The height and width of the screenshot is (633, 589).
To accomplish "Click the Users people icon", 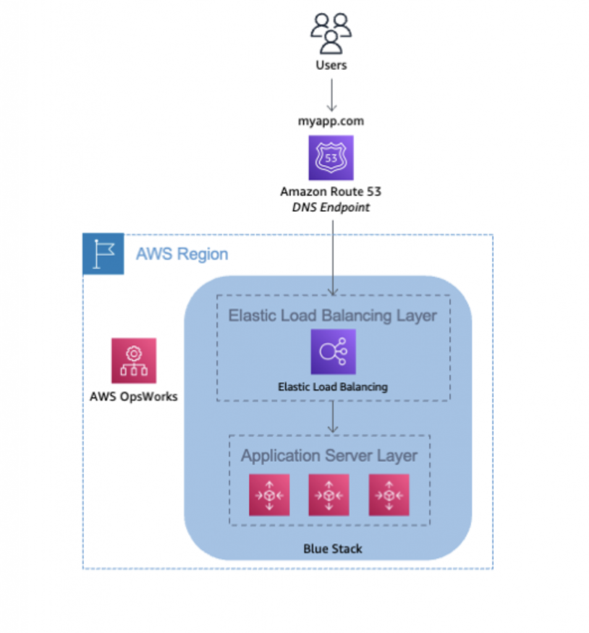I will click(x=331, y=33).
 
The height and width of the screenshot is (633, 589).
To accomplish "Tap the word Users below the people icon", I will click(x=331, y=65).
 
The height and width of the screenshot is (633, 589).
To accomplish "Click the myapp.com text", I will click(x=331, y=121).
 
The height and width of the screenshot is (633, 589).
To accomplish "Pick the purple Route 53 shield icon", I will click(x=331, y=158).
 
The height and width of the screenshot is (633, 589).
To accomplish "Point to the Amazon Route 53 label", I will click(x=331, y=192).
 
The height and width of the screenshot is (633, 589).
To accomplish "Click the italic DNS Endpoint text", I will click(x=331, y=208).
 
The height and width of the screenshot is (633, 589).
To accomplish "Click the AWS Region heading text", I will click(x=182, y=254).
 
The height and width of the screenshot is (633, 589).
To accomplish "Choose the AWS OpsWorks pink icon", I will click(x=133, y=360).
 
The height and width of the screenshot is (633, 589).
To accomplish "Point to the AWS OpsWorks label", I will click(x=133, y=396).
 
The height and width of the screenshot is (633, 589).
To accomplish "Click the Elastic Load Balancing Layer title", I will click(x=333, y=315).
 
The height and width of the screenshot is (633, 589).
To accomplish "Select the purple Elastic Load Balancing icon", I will click(x=333, y=352).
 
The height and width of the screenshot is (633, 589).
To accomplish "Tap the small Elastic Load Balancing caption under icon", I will click(x=333, y=387).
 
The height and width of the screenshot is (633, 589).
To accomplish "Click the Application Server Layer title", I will click(x=329, y=456).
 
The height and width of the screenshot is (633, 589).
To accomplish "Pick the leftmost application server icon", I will click(x=269, y=495).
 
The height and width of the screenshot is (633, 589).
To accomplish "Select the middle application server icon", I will click(x=329, y=495).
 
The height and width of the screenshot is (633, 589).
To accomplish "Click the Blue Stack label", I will click(x=333, y=548).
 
